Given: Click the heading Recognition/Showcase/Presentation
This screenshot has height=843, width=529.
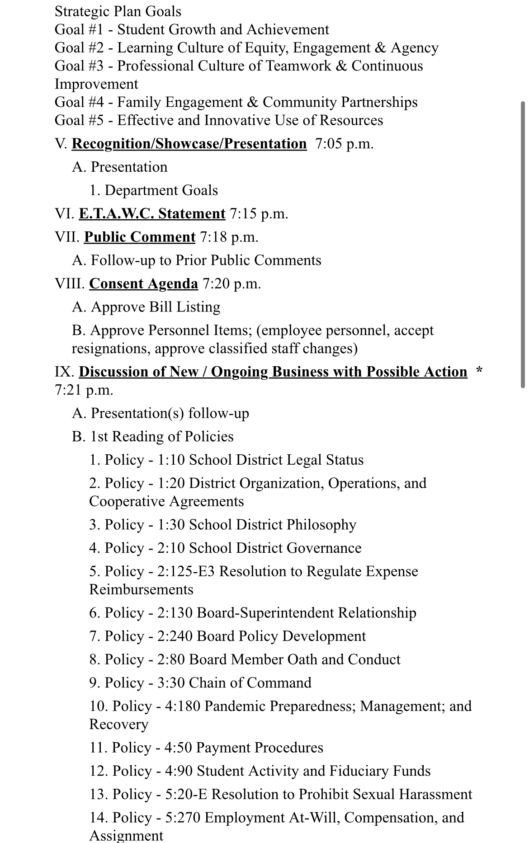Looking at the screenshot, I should coord(189,144).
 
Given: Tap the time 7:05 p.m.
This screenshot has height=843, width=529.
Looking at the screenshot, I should coord(345,144).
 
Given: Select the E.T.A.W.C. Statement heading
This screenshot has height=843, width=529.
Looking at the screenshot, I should coord(152,213).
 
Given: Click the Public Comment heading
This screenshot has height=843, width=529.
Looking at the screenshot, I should coord(140,237).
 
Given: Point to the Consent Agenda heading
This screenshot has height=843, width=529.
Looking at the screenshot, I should coord(143,283).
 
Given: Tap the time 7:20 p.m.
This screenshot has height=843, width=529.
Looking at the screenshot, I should coord(232,283).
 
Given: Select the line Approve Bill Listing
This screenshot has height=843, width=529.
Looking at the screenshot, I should coord(146,307).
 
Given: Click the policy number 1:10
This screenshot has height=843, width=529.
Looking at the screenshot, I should coord(171,460).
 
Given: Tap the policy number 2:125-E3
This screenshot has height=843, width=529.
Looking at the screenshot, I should coord(186,571).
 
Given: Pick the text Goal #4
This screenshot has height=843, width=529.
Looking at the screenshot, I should coord(79,102).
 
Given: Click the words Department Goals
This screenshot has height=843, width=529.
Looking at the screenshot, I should coord(161,190).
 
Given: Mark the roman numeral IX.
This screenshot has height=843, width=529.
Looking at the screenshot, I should coord(64,372).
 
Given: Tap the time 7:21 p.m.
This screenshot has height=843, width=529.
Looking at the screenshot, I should coord(84,390).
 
